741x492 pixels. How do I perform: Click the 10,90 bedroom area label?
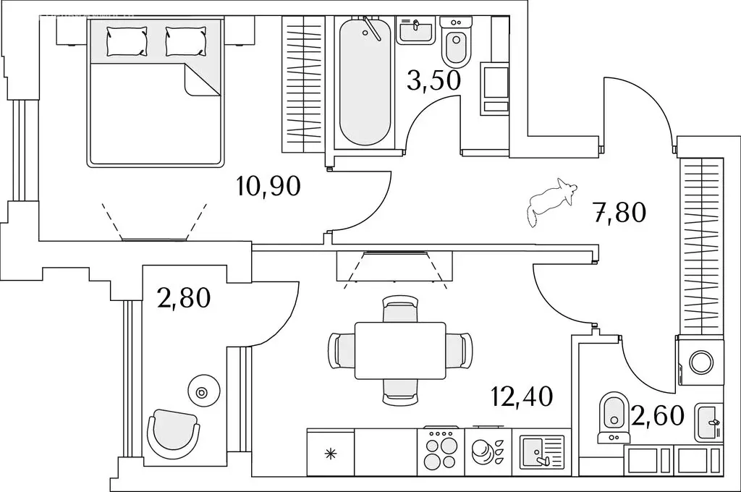(268, 187)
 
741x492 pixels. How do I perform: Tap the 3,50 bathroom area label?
(434, 80)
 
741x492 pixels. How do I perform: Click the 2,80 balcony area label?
(183, 298)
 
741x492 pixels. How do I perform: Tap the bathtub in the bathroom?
(365, 81)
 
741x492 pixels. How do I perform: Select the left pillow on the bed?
(127, 41)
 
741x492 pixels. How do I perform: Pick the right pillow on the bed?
(186, 41)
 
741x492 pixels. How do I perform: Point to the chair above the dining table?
(400, 309)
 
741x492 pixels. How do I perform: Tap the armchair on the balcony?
(173, 432)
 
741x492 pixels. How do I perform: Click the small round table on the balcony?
(203, 392)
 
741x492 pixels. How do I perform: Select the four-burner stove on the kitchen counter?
(441, 451)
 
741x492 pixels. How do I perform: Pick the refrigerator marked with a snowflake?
(330, 451)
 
